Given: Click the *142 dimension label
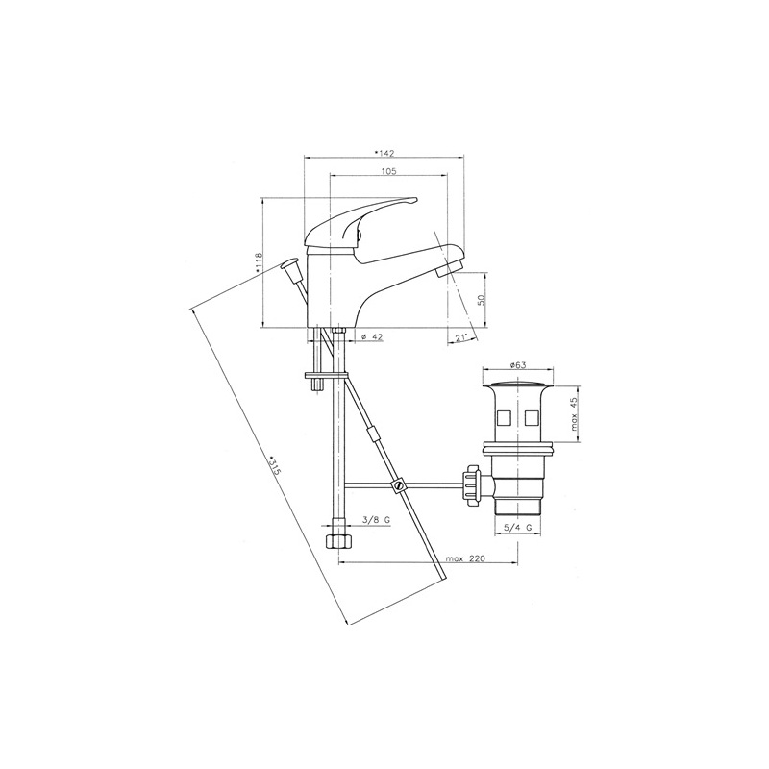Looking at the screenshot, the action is pos(384,153).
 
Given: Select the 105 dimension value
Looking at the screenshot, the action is pos(388,171).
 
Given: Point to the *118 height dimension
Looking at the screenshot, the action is pos(259,262).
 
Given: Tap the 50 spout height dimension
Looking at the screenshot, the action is pos(482,300).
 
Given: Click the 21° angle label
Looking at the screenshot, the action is pos(460,337).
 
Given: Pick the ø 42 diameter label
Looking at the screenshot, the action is pos(372,336).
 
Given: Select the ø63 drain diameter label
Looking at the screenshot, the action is pos(518,365).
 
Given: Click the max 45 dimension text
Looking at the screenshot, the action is pos(574,414).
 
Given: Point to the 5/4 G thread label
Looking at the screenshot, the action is pos(519,528).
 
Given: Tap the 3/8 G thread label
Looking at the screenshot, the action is pos(375,520).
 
